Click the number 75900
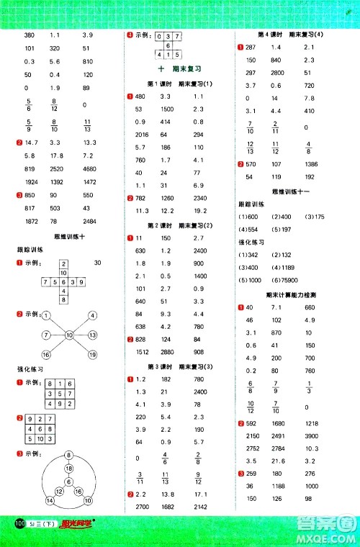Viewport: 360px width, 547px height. click(x=289, y=281)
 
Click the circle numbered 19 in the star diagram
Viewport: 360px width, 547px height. click(x=93, y=354)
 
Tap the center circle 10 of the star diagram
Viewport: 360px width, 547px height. click(x=71, y=335)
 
